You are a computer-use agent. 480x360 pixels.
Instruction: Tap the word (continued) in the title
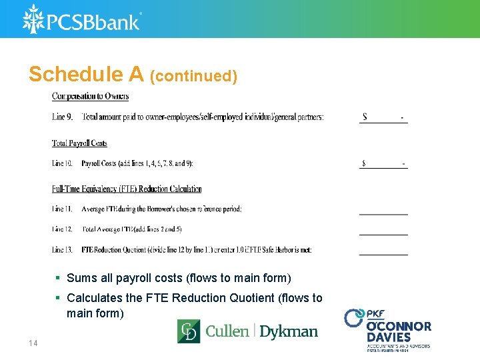pos(194,77)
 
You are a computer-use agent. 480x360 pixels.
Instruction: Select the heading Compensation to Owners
pos(91,97)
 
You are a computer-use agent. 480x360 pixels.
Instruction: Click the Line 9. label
pos(63,117)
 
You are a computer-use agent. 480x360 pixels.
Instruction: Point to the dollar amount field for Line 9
pos(383,117)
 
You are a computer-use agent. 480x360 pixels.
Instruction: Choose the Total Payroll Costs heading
pos(79,143)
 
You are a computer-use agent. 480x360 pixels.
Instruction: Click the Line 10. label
pos(63,163)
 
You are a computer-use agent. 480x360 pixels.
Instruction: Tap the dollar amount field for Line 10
pos(383,163)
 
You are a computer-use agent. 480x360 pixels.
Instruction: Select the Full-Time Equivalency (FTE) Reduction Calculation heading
pos(127,189)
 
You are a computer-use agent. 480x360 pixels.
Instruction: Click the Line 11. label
pos(63,209)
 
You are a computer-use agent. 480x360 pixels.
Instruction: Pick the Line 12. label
pos(63,229)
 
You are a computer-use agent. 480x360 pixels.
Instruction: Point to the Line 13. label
pos(63,250)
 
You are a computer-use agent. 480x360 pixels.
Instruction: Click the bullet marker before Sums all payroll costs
pos(59,278)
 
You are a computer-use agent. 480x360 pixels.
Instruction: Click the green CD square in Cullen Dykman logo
pos(189,331)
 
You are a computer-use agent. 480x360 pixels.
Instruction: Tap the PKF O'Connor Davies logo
pos(388,329)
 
